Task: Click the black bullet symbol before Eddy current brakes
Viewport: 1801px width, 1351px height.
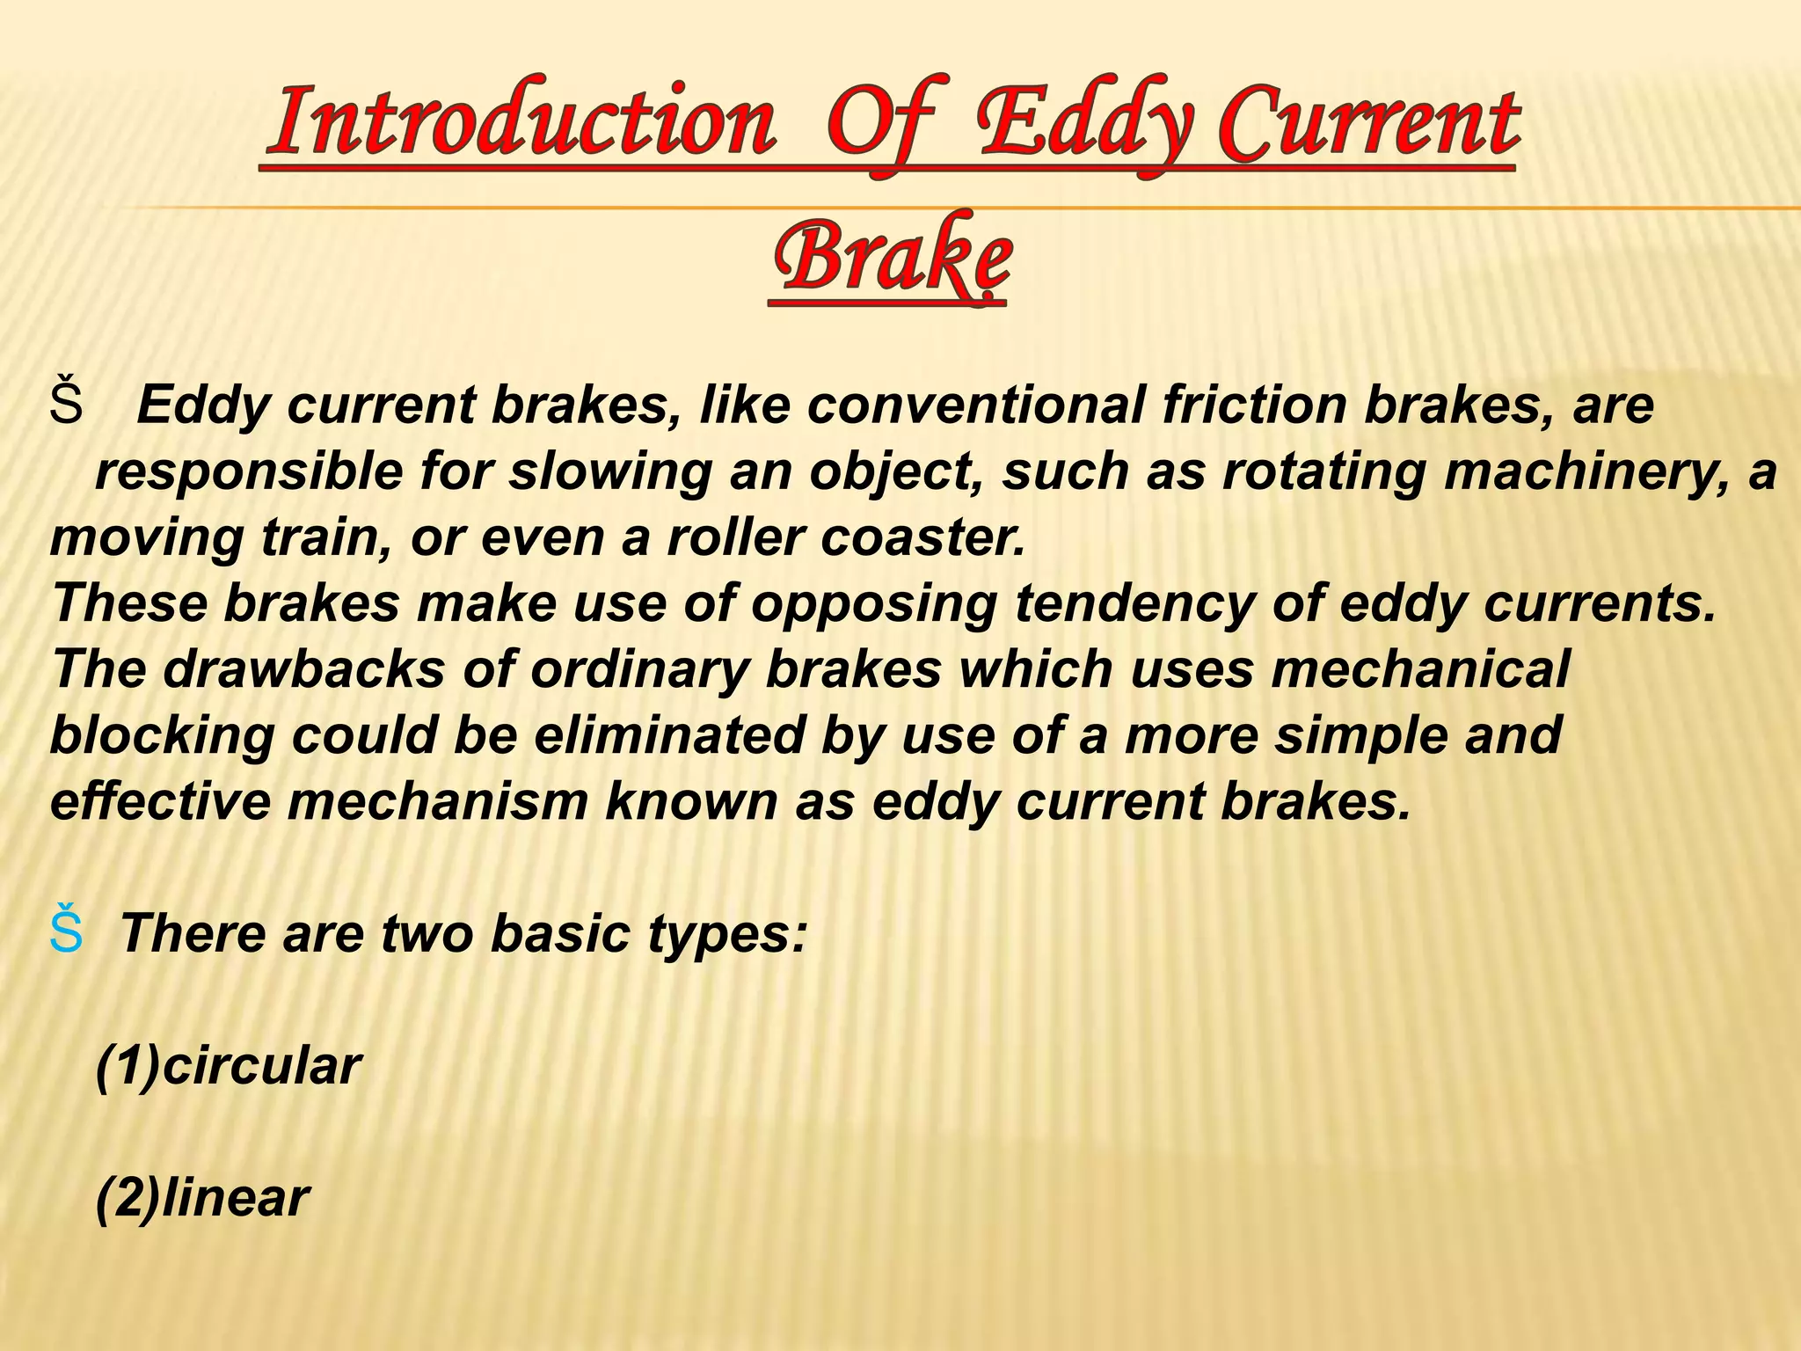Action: click(x=67, y=405)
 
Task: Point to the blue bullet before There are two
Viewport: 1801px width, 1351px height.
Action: click(x=67, y=932)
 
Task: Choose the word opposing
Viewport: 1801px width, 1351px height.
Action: click(x=874, y=603)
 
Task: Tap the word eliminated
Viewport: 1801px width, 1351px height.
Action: click(x=668, y=735)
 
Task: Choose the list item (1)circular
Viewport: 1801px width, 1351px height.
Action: click(x=228, y=1066)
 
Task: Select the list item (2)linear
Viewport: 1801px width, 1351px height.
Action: click(x=202, y=1197)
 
